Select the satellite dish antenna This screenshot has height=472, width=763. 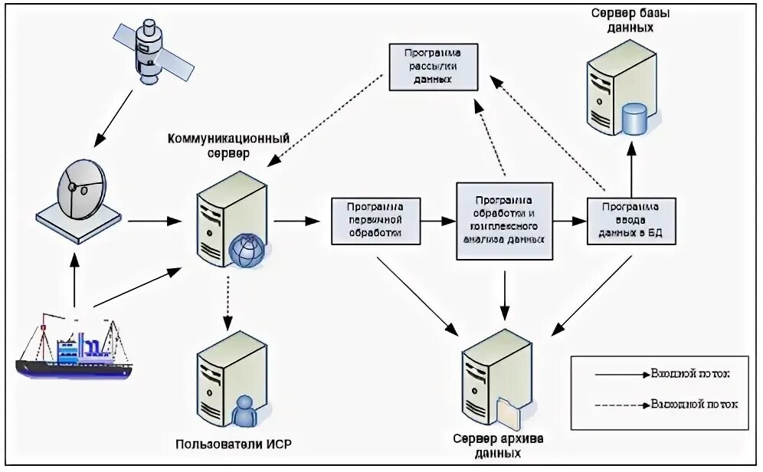pyautogui.click(x=79, y=195)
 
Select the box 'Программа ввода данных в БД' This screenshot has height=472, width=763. pyautogui.click(x=631, y=221)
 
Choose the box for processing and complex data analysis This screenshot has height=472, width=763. pyautogui.click(x=503, y=221)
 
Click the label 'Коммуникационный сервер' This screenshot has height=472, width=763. pyautogui.click(x=228, y=146)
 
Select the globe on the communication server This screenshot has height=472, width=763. pyautogui.click(x=247, y=251)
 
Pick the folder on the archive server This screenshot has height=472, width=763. pyautogui.click(x=509, y=414)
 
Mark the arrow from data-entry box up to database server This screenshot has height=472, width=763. pyautogui.click(x=632, y=172)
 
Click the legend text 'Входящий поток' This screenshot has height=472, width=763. pyautogui.click(x=689, y=375)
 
